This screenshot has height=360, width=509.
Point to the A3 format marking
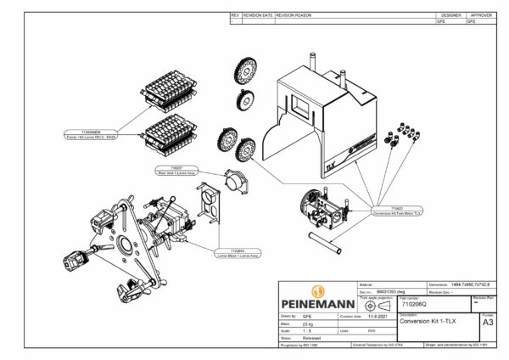pos(487,323)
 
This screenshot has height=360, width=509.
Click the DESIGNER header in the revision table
pos(449,15)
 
